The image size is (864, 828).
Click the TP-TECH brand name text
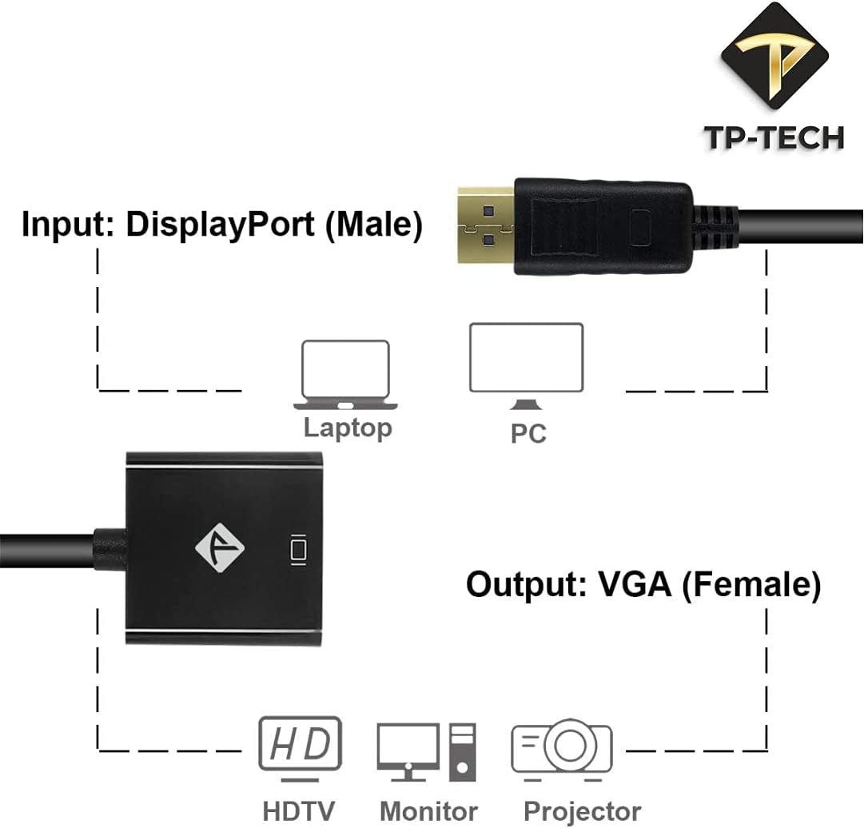[774, 137]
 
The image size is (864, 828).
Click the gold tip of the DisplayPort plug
[485, 227]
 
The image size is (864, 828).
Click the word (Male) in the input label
[373, 225]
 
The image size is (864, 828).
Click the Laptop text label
[348, 428]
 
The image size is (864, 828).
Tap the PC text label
[528, 433]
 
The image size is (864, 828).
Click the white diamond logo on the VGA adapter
[220, 547]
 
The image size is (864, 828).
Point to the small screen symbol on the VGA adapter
[299, 549]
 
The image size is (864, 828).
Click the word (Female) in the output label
[751, 585]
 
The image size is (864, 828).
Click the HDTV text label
[300, 811]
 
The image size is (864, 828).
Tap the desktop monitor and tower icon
[427, 751]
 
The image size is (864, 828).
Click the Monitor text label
[428, 811]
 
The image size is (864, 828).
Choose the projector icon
[562, 747]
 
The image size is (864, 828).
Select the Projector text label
[582, 811]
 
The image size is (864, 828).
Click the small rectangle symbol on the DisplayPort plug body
[640, 227]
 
